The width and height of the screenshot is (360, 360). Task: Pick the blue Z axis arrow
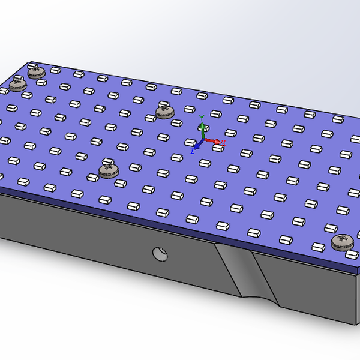tap(197, 145)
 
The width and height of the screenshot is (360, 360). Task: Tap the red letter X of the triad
tap(223, 143)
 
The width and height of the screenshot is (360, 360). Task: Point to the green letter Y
tap(202, 117)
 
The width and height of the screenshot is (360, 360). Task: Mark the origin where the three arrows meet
tap(203, 139)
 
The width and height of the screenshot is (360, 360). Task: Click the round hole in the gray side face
tap(160, 254)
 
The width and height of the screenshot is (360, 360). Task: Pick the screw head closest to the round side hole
tap(109, 170)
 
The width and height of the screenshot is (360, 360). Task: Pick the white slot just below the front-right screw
tap(352, 255)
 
